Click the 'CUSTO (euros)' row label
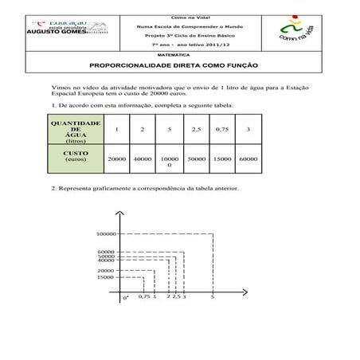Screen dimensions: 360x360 pyautogui.click(x=76, y=155)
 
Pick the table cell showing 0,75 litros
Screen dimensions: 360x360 pyautogui.click(x=222, y=130)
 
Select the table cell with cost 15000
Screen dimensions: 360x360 pyautogui.click(x=222, y=158)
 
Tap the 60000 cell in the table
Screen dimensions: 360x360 pyautogui.click(x=248, y=158)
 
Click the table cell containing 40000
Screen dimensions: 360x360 pyautogui.click(x=143, y=158)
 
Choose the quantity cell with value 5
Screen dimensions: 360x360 pyautogui.click(x=170, y=130)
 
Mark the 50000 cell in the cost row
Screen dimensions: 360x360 pyautogui.click(x=196, y=158)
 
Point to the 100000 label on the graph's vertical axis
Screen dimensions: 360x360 pyautogui.click(x=106, y=234)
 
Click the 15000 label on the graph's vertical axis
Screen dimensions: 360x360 pyautogui.click(x=106, y=277)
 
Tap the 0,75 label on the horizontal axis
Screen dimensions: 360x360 pyautogui.click(x=143, y=296)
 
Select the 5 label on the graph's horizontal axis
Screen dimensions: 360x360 pyautogui.click(x=213, y=296)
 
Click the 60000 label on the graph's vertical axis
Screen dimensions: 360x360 pyautogui.click(x=106, y=252)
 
